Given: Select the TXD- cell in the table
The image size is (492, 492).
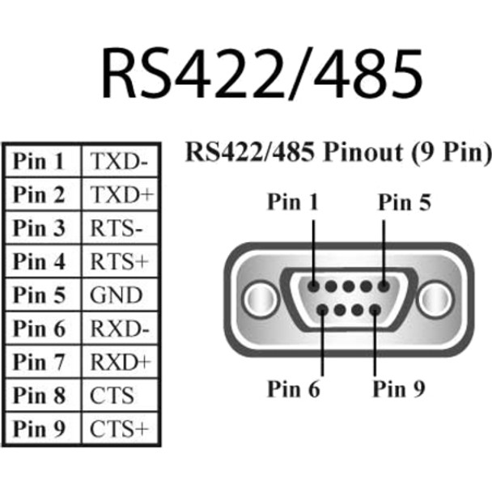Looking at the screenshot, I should pyautogui.click(x=120, y=161).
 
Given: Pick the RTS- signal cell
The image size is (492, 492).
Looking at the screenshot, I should pyautogui.click(x=118, y=227).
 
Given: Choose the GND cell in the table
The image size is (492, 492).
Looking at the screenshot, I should pyautogui.click(x=117, y=294).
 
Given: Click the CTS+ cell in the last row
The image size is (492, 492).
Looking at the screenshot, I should pyautogui.click(x=120, y=427).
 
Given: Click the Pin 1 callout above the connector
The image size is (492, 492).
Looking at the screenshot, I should pyautogui.click(x=294, y=202).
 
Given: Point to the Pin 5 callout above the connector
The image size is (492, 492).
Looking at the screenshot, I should pyautogui.click(x=405, y=202).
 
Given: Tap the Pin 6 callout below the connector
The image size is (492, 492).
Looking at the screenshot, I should pyautogui.click(x=294, y=388).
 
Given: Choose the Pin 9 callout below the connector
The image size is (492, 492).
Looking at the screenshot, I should pyautogui.click(x=398, y=388).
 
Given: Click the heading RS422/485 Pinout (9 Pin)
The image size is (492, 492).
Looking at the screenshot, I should pyautogui.click(x=338, y=151).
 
